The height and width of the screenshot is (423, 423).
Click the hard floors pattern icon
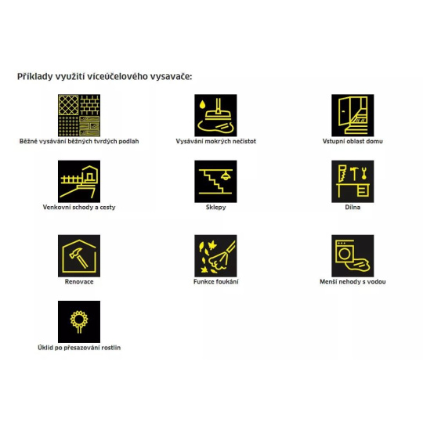click(79, 115)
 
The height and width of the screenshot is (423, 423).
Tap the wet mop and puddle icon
click(215, 115)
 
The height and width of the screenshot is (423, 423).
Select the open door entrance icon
click(352, 115)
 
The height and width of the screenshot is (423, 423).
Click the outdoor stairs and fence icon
click(79, 181)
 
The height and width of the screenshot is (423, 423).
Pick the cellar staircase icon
click(215, 181)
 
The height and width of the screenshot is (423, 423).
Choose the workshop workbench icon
click(352, 181)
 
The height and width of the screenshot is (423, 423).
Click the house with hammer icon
click(79, 255)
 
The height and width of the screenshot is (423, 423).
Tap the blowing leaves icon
click(215, 255)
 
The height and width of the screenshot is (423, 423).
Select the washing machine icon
click(352, 255)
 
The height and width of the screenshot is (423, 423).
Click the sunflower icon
click(79, 322)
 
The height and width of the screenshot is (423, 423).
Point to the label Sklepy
click(216, 208)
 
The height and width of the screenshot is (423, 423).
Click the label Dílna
click(352, 207)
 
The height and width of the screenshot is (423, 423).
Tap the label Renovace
click(79, 282)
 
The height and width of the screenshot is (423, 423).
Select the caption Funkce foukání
click(216, 282)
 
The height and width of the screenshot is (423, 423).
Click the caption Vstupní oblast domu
click(352, 141)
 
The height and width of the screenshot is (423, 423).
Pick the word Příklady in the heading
click(35, 77)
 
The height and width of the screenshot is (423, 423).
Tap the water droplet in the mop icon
click(202, 104)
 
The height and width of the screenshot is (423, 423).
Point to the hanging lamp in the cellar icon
click(225, 175)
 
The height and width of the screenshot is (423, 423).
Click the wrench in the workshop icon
click(364, 173)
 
